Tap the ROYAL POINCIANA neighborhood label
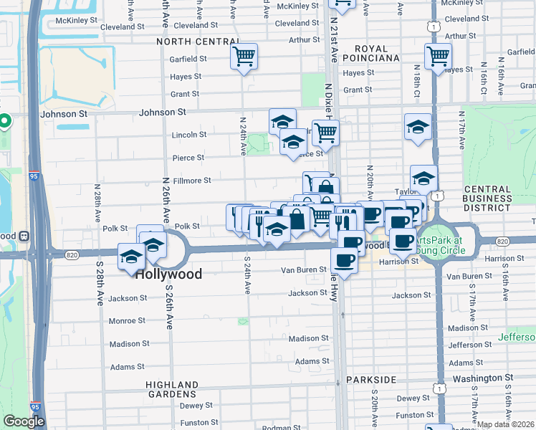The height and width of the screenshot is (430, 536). click(x=370, y=53)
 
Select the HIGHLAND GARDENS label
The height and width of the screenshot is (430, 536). click(x=172, y=389)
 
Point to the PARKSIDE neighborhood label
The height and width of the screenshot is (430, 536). click(x=371, y=378)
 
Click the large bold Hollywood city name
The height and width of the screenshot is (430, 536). click(x=168, y=274)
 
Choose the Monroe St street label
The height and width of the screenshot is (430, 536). click(x=128, y=321)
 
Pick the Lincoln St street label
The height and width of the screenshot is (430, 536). click(x=189, y=134)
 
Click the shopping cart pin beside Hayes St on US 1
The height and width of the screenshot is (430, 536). click(x=437, y=56)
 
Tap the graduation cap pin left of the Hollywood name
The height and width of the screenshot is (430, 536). click(x=132, y=257)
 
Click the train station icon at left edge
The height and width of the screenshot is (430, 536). click(x=24, y=235)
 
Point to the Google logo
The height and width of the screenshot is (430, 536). click(x=24, y=421)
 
